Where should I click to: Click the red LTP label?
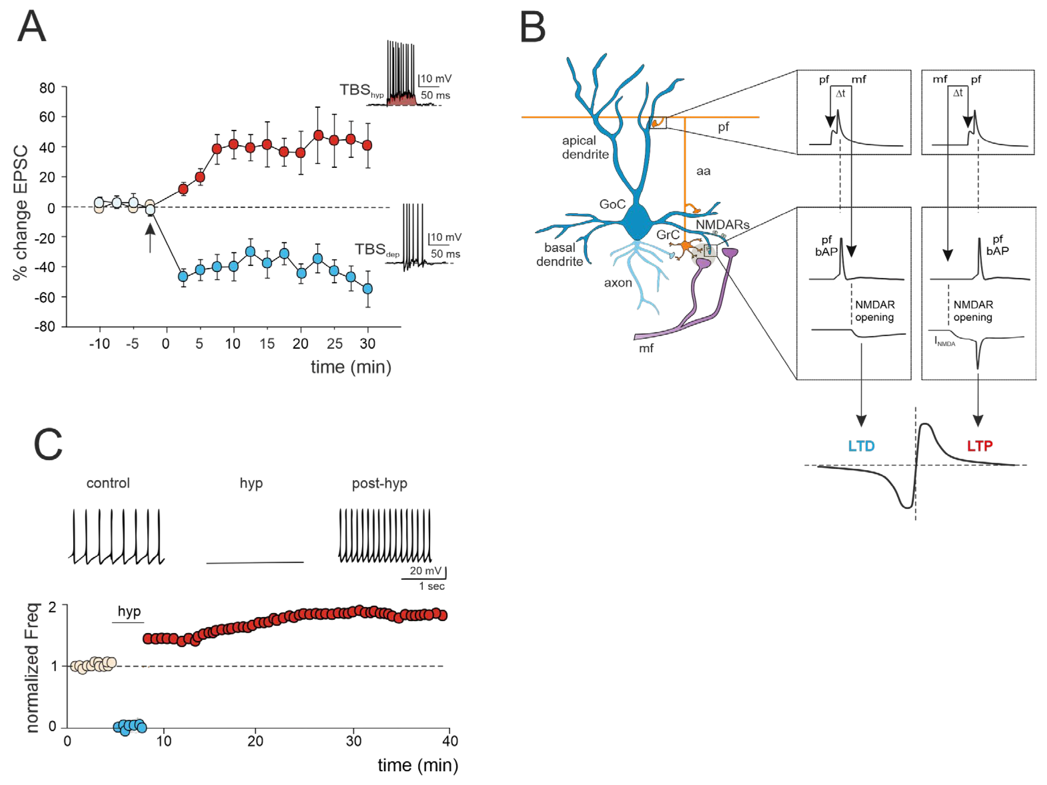pos(979,446)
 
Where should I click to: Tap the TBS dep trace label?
pos(377,250)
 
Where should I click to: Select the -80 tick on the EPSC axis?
pos(45,327)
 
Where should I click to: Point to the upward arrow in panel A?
pos(150,238)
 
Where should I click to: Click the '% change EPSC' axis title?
pos(20,213)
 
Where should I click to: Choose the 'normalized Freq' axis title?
pos(32,668)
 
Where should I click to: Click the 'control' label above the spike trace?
pos(108,483)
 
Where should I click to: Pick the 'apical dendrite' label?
pos(585,147)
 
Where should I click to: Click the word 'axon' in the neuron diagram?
pos(618,283)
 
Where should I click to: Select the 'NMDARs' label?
pos(722,224)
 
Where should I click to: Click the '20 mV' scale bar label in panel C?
pos(425,570)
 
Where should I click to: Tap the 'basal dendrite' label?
pos(560,254)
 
